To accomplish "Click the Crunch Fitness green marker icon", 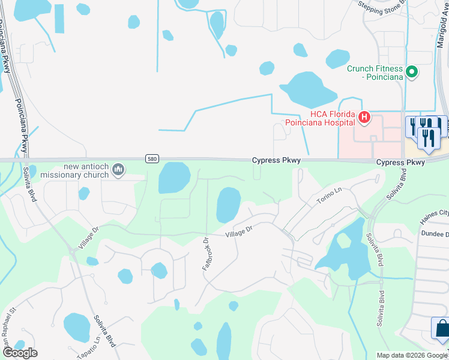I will click(412, 73).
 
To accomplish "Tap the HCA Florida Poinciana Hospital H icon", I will click(363, 118).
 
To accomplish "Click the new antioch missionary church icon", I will click(118, 170).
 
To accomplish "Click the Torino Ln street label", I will click(329, 196).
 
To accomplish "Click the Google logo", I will click(20, 353).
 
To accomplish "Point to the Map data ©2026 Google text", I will click(411, 355).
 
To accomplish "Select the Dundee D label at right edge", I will click(435, 233).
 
